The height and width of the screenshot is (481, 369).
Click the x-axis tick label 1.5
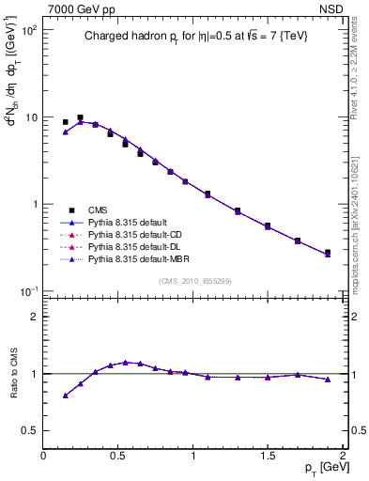click(268, 456)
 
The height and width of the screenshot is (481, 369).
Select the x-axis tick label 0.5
click(118, 456)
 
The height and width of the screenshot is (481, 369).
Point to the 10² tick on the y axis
click(30, 31)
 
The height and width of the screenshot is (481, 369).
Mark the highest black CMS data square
click(80, 117)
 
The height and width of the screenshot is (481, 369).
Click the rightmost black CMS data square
click(327, 252)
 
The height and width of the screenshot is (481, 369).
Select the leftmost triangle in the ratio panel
click(65, 396)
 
